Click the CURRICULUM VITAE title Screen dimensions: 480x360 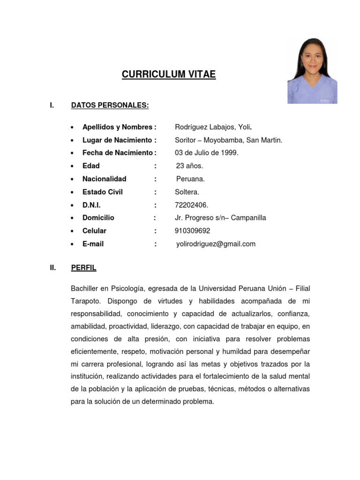(x=169, y=74)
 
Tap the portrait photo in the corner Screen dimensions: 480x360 (x=312, y=71)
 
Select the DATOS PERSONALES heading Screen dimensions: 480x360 (x=110, y=105)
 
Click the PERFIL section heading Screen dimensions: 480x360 (x=83, y=268)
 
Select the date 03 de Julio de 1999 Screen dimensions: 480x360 (x=206, y=153)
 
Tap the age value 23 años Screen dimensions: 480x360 (x=189, y=166)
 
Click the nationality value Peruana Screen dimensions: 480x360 (x=190, y=179)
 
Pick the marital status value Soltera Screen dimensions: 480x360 (x=187, y=192)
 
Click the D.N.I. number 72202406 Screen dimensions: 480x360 (x=191, y=205)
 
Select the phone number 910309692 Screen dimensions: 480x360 (x=192, y=231)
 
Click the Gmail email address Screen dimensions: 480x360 (x=216, y=244)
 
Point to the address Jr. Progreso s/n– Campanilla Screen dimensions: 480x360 (x=220, y=218)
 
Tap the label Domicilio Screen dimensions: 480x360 (x=98, y=218)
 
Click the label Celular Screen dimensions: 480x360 (x=94, y=231)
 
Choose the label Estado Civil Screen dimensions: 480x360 (x=102, y=192)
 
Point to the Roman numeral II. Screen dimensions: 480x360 (x=53, y=268)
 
